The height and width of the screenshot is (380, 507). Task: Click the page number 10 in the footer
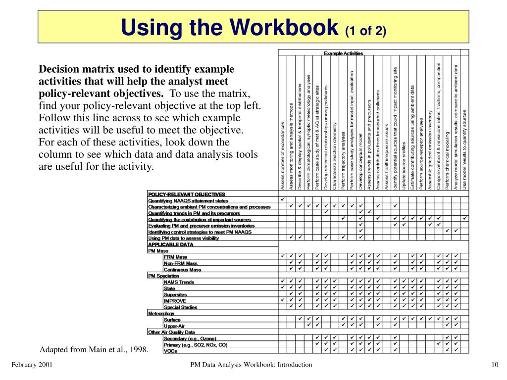pyautogui.click(x=494, y=365)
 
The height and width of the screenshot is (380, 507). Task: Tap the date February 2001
pyautogui.click(x=32, y=365)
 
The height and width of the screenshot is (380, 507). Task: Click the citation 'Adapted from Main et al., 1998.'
pyautogui.click(x=94, y=350)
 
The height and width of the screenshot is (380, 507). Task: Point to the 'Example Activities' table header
pyautogui.click(x=343, y=53)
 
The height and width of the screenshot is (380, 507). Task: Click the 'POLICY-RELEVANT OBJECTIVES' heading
pyautogui.click(x=187, y=194)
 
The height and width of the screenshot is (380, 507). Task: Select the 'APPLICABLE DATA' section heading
pyautogui.click(x=171, y=244)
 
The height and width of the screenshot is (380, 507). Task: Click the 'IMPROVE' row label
pyautogui.click(x=175, y=301)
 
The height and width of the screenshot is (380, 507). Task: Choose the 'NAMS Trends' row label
pyautogui.click(x=179, y=282)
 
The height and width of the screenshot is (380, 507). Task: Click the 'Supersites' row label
pyautogui.click(x=175, y=294)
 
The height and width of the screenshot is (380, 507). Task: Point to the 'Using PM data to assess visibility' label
pyautogui.click(x=184, y=238)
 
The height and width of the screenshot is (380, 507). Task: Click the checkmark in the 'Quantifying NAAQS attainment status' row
pyautogui.click(x=283, y=200)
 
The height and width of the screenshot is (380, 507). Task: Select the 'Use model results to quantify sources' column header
pyautogui.click(x=464, y=148)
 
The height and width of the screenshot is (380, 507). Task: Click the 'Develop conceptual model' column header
pyautogui.click(x=360, y=158)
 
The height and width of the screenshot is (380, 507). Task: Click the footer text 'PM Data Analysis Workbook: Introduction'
pyautogui.click(x=252, y=365)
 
